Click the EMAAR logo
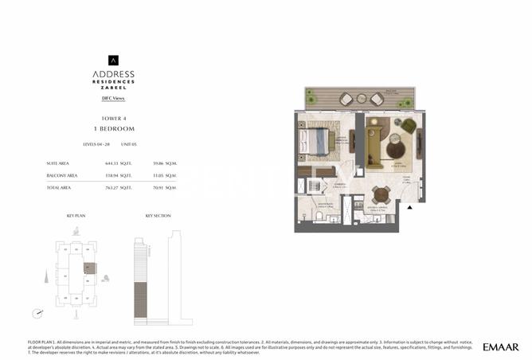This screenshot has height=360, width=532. click(500, 346)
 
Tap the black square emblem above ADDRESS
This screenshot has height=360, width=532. click(113, 59)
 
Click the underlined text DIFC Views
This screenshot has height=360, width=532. click(113, 98)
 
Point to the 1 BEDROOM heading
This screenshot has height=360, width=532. click(113, 128)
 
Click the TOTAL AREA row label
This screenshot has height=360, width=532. click(62, 187)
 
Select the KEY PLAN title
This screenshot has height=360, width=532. click(75, 216)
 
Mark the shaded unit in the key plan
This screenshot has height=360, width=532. click(90, 268)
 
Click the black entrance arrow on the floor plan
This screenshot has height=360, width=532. click(409, 207)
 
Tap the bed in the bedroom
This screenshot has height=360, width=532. click(313, 142)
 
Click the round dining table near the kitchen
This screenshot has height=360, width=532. click(381, 194)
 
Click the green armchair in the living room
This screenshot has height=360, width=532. click(408, 126)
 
